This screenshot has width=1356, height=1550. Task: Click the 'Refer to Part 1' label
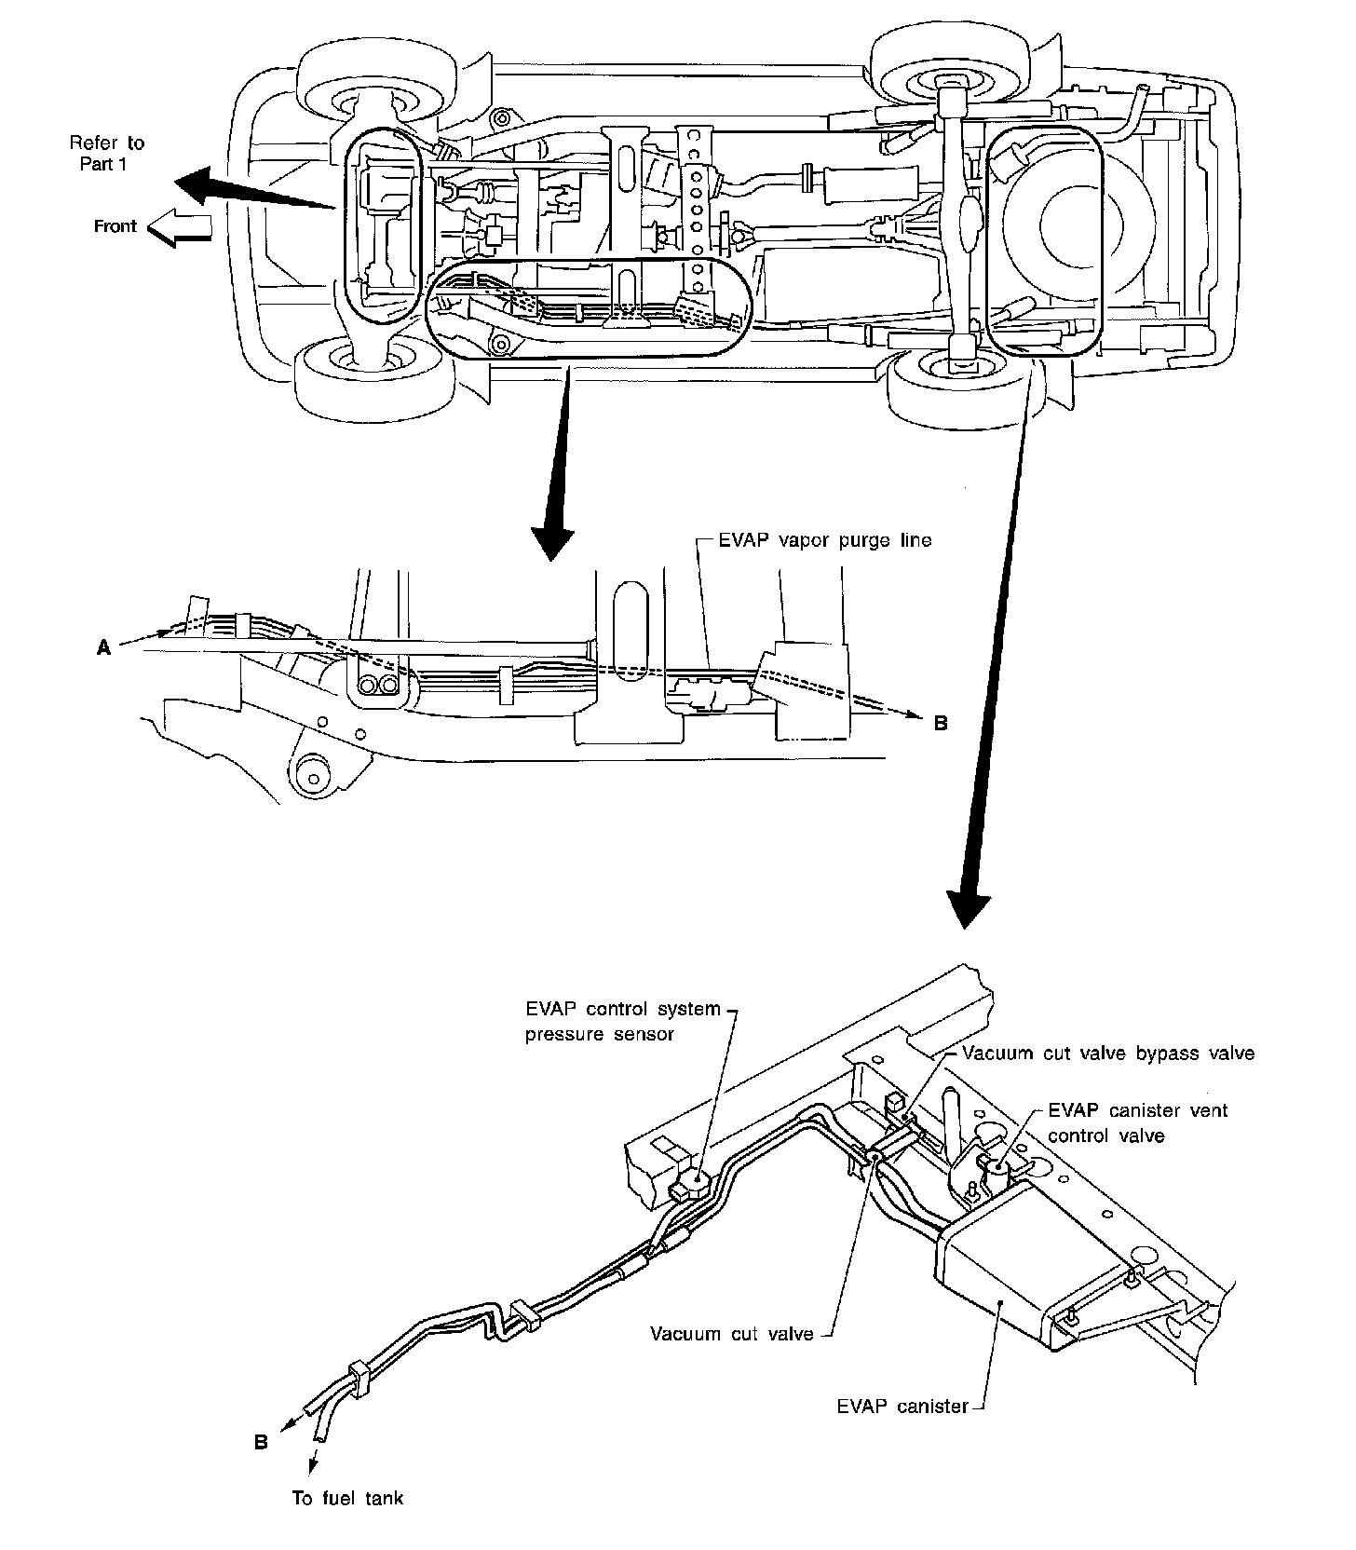pyautogui.click(x=107, y=154)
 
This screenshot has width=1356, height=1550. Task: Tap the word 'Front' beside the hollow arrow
pyautogui.click(x=115, y=226)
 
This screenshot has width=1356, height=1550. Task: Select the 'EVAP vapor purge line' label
pyautogui.click(x=825, y=541)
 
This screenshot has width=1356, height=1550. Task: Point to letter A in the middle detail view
pyautogui.click(x=103, y=649)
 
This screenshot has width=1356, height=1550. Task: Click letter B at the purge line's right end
pyautogui.click(x=941, y=723)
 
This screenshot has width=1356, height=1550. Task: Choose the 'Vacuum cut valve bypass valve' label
pyautogui.click(x=1108, y=1054)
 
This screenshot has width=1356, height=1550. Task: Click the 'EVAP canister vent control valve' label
pyautogui.click(x=1138, y=1122)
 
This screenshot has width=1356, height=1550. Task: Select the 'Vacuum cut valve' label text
pyautogui.click(x=732, y=1334)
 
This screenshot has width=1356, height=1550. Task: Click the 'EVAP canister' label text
pyautogui.click(x=902, y=1407)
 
